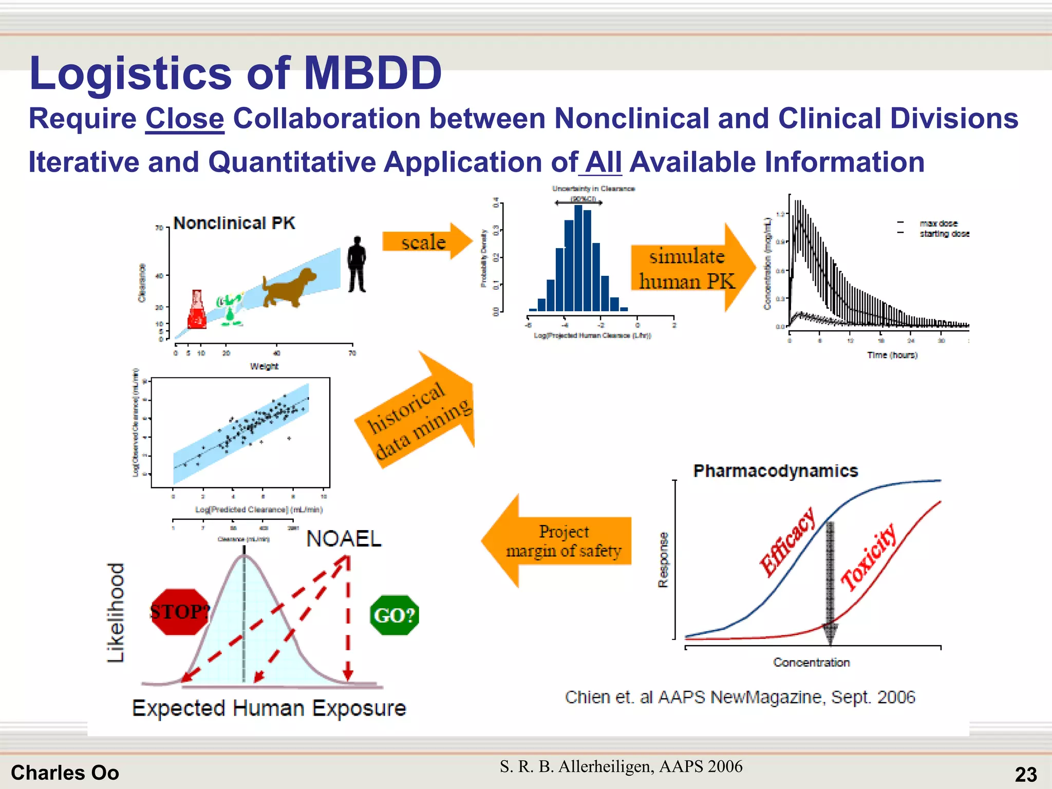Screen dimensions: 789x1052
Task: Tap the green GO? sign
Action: pyautogui.click(x=394, y=615)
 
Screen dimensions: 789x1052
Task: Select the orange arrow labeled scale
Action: pyautogui.click(x=426, y=241)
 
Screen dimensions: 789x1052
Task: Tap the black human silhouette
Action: pyautogui.click(x=356, y=265)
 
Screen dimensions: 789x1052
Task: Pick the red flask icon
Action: pyautogui.click(x=197, y=310)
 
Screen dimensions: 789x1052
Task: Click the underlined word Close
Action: pyautogui.click(x=184, y=119)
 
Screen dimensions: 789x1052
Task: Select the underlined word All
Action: pyautogui.click(x=603, y=162)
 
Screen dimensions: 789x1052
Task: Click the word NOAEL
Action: pyautogui.click(x=344, y=539)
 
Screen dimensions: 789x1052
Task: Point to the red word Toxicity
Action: pyautogui.click(x=869, y=557)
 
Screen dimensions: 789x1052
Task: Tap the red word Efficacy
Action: pyautogui.click(x=787, y=542)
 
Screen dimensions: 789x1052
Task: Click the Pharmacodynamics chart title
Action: pyautogui.click(x=775, y=471)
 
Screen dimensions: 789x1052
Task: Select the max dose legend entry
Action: pyautogui.click(x=938, y=223)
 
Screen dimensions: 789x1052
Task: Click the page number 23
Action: pyautogui.click(x=1025, y=774)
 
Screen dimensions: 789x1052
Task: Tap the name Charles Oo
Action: pyautogui.click(x=65, y=773)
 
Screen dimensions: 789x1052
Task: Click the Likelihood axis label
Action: pyautogui.click(x=116, y=612)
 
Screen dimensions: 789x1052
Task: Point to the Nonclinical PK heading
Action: pyautogui.click(x=234, y=223)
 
